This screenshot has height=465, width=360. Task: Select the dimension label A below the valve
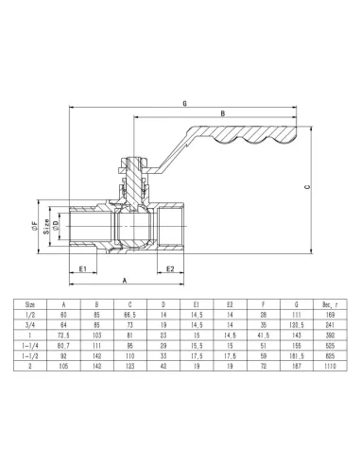(x=125, y=280)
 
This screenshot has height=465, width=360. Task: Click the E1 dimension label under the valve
(x=82, y=267)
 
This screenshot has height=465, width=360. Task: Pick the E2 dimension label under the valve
(x=167, y=267)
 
